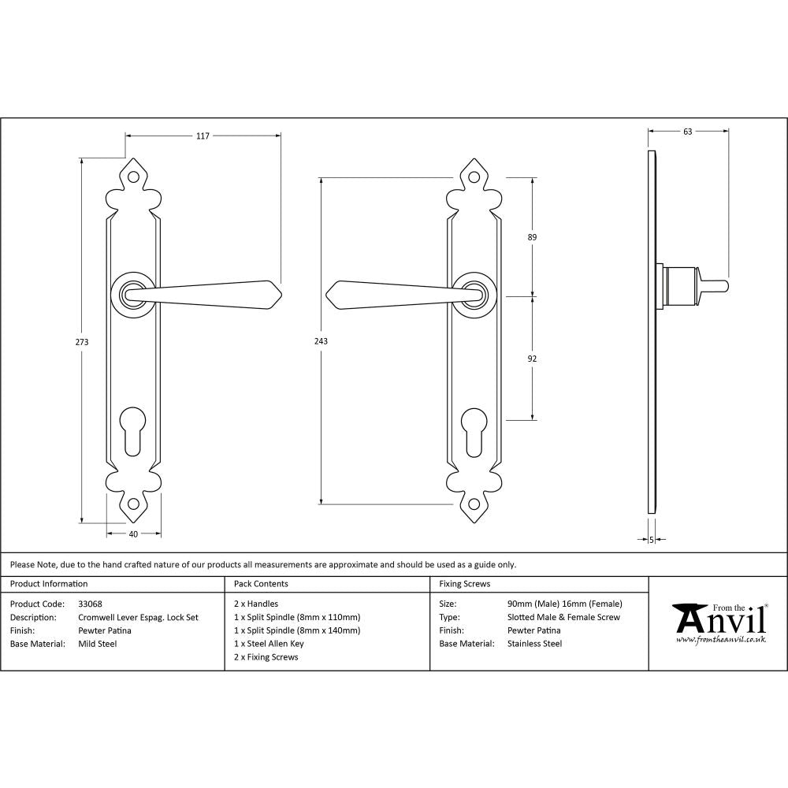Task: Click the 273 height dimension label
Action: point(82,342)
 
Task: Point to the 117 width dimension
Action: point(203,136)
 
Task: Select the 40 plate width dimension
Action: point(133,534)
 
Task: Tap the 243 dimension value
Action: point(321,341)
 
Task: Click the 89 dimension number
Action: point(532,237)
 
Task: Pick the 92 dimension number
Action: point(532,359)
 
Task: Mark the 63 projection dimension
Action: point(687,132)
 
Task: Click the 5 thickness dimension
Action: point(652,539)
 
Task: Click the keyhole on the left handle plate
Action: point(133,430)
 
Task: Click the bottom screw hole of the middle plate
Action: point(473,504)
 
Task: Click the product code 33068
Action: point(90,604)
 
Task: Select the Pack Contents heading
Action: point(261,584)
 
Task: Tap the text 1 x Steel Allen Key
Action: point(269,644)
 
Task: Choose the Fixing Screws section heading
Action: point(464,584)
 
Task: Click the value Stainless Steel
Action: point(535,644)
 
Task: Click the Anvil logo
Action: point(719,623)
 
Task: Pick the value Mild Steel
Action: point(98,644)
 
